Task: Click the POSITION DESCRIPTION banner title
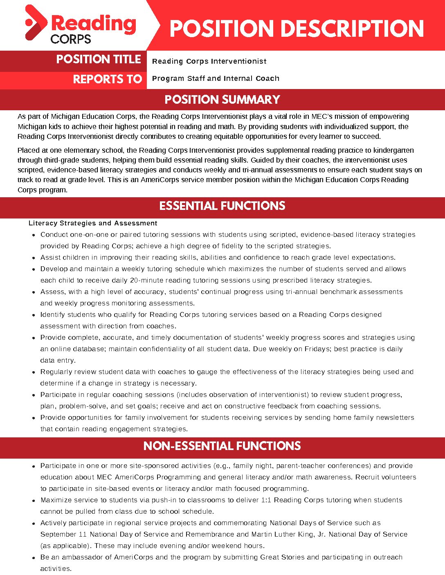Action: click(297, 29)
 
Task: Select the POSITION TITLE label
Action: click(99, 60)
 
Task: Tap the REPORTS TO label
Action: click(107, 79)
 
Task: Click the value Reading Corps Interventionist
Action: click(209, 61)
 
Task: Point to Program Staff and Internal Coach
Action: click(216, 78)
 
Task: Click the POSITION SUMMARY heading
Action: click(222, 100)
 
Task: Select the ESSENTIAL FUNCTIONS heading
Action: click(222, 206)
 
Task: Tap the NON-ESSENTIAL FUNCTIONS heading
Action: click(222, 446)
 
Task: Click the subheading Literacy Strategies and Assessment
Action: click(93, 223)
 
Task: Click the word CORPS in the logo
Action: click(71, 39)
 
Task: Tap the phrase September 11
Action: click(63, 535)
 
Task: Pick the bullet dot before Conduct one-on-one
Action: click(33, 235)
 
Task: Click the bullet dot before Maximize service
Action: click(33, 501)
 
